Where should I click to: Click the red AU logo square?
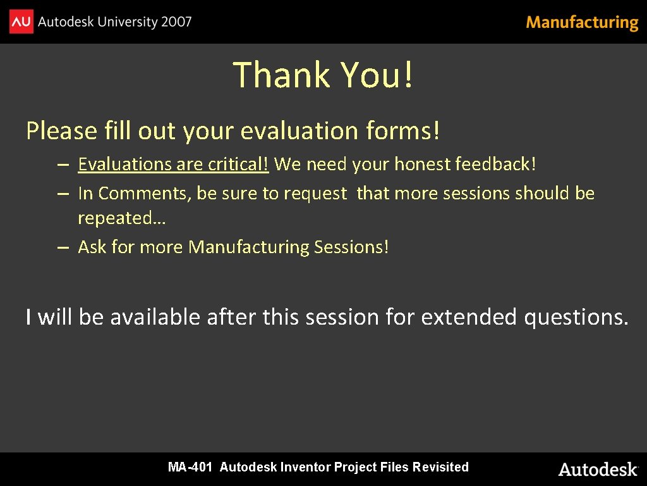tap(21, 22)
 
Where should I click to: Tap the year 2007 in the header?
tap(176, 22)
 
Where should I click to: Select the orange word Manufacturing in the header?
tap(582, 23)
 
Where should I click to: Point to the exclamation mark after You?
tap(408, 75)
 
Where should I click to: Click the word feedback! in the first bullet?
tap(495, 165)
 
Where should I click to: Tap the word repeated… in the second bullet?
tap(121, 218)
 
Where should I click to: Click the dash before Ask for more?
tap(62, 247)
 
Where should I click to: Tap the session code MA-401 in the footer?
tap(190, 468)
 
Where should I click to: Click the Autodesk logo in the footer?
tap(598, 469)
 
